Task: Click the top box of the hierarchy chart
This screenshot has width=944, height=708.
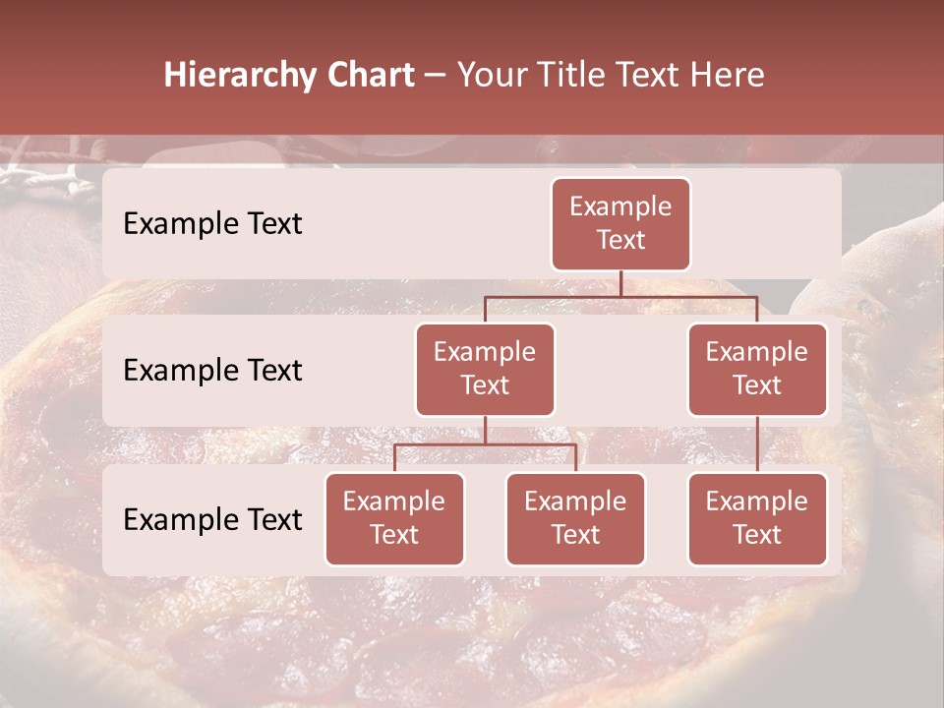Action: coord(620,223)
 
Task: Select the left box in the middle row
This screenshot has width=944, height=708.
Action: coord(485,369)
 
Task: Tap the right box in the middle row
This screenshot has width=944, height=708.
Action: coord(757,369)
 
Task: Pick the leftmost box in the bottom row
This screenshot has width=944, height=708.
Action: coord(394,518)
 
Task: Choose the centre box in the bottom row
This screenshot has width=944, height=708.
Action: coord(575,518)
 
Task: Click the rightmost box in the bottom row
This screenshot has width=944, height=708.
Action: coord(757,518)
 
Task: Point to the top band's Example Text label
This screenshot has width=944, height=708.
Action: coord(212,224)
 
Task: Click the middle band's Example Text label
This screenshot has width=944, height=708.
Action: coord(212,371)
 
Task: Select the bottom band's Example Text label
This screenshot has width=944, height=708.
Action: coord(212,520)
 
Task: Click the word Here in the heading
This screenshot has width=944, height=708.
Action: coord(728,75)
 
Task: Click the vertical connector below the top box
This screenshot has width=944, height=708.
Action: coord(620,283)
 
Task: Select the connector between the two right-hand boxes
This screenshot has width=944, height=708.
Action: coord(757,443)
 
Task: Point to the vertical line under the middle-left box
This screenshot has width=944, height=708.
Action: coord(485,431)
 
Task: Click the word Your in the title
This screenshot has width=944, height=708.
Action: coord(495,75)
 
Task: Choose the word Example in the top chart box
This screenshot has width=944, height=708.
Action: coord(620,206)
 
